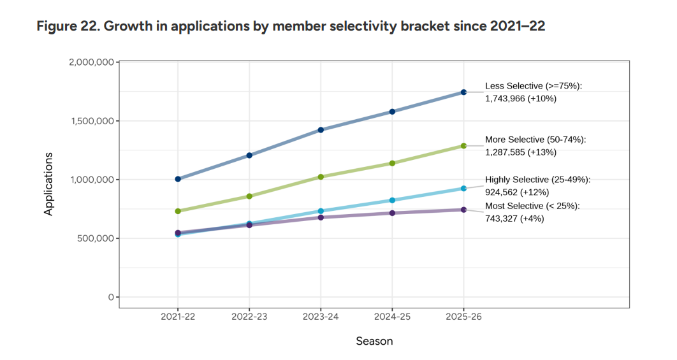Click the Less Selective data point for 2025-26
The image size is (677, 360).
tap(463, 92)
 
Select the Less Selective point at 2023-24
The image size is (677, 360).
tap(321, 130)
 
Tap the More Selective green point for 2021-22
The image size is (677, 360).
tap(178, 211)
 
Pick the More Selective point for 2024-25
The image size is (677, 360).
tap(392, 163)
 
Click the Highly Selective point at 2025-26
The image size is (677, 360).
tap(463, 189)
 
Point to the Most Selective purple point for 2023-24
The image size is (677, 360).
tap(321, 217)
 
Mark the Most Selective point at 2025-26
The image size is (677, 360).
tap(463, 210)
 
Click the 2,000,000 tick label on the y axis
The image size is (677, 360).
tap(91, 62)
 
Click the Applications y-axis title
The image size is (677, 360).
tap(48, 184)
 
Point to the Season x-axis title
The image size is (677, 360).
tap(374, 341)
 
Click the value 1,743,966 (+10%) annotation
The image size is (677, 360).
tap(521, 99)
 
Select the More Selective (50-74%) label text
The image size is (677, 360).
tap(535, 140)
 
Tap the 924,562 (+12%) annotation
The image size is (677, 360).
tap(517, 192)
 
